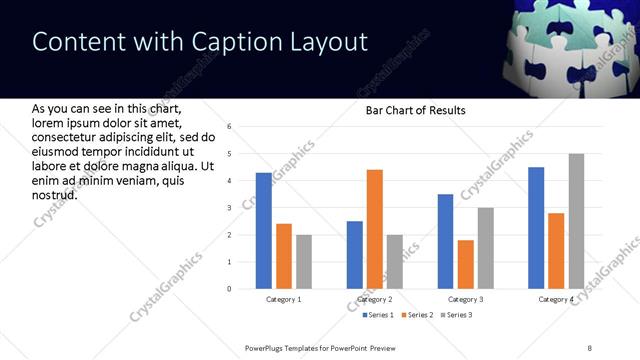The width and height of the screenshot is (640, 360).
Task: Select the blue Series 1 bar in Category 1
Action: coord(264,230)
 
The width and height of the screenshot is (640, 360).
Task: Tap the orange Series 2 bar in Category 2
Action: coord(375,229)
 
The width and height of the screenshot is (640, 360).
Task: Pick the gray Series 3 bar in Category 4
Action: coord(576,221)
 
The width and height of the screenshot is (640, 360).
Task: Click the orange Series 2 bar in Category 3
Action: coord(466,264)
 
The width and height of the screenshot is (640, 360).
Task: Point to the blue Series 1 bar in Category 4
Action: coord(536,227)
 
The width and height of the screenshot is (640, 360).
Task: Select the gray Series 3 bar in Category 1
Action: coord(303,261)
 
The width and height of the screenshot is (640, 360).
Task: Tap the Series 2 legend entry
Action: coord(416,316)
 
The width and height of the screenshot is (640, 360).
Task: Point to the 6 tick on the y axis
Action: coord(230,127)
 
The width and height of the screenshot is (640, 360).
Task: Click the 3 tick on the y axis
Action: coord(230,208)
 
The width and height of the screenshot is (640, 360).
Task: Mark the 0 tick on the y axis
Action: coord(230,289)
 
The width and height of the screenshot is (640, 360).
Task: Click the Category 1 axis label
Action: coord(284,299)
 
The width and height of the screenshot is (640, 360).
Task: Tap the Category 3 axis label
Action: coord(466,299)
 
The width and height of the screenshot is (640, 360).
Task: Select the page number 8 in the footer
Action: coord(589,347)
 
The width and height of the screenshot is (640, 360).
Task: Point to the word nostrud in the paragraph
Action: coord(55,193)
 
